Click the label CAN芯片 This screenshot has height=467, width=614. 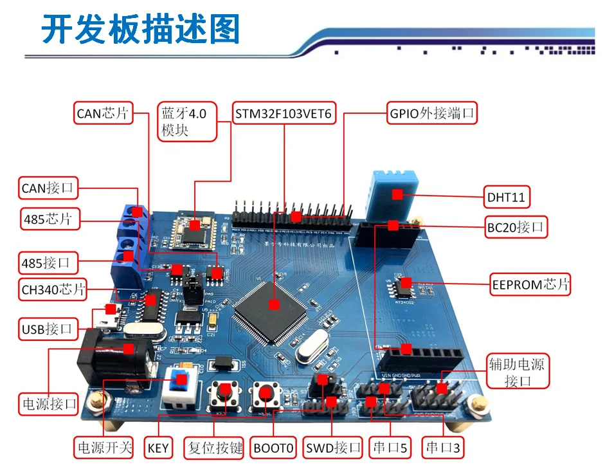[103, 114]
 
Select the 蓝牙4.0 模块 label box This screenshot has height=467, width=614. [184, 121]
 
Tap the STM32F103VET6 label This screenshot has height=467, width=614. [283, 114]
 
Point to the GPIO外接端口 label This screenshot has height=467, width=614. [432, 114]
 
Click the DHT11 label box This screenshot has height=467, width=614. [506, 197]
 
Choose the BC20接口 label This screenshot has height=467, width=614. [516, 227]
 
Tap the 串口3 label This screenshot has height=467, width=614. [443, 448]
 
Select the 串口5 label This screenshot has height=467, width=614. [390, 448]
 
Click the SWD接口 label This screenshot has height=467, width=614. [333, 448]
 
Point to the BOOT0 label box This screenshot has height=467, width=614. [273, 448]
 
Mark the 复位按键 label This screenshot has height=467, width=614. [215, 448]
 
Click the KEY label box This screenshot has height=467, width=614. [158, 448]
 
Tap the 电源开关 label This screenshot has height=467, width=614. [104, 448]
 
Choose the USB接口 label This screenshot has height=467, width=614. [46, 330]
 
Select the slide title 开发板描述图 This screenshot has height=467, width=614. [141, 30]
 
